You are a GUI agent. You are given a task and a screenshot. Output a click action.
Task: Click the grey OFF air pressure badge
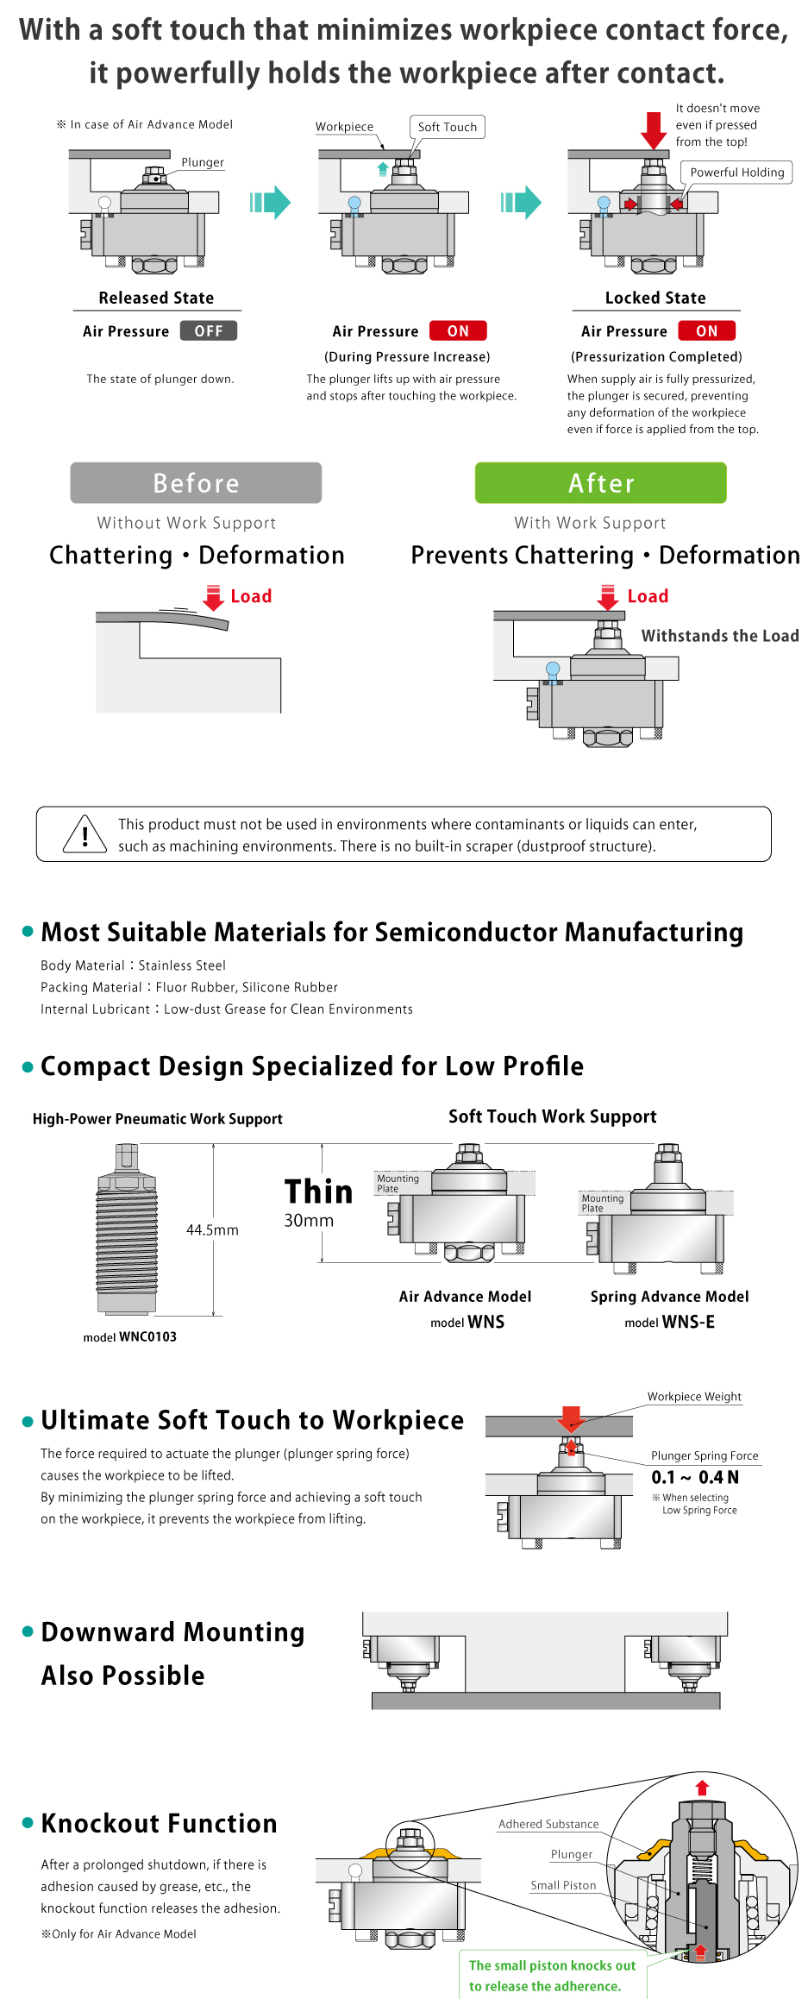tap(209, 330)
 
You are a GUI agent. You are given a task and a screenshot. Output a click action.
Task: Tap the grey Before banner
tap(196, 482)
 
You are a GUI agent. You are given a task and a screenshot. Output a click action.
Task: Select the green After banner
tap(601, 482)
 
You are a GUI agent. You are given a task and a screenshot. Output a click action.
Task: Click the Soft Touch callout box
tap(448, 127)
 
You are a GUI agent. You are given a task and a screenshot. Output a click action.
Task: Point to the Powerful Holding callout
tap(737, 172)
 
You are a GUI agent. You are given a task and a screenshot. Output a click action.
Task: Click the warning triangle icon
tap(85, 833)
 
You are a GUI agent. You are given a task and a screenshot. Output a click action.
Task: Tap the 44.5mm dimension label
tap(212, 1229)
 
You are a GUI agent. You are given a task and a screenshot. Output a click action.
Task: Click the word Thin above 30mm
tap(319, 1191)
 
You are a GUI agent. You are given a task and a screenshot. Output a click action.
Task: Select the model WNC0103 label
tap(130, 1336)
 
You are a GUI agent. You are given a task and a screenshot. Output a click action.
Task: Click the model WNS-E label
tap(670, 1322)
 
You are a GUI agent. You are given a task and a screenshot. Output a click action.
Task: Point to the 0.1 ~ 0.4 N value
tap(695, 1477)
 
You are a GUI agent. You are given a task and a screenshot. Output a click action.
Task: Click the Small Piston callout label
tap(563, 1885)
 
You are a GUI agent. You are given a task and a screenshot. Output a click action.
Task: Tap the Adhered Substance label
tap(548, 1824)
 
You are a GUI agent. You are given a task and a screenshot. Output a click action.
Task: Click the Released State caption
tap(156, 298)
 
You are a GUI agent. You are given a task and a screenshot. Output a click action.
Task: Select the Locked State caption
tap(655, 298)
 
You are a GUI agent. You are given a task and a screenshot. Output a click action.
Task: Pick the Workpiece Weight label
tap(694, 1397)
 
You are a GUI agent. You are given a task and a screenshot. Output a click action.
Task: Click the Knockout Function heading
tap(160, 1823)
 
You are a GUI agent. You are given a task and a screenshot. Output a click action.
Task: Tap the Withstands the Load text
tap(720, 636)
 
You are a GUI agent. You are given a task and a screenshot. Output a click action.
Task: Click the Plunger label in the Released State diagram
tap(203, 162)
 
